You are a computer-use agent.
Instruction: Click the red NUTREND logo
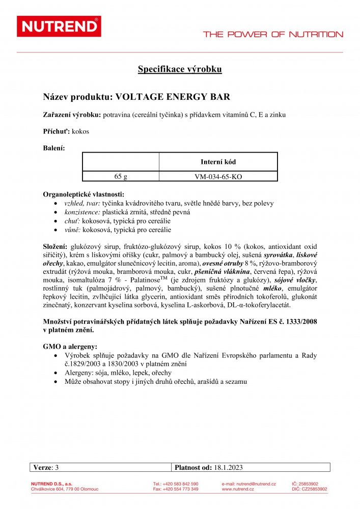pyautogui.click(x=59, y=26)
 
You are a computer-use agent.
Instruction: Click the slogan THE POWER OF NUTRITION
pyautogui.click(x=273, y=35)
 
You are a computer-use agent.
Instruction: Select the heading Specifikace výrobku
pyautogui.click(x=180, y=69)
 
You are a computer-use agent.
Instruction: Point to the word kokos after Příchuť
pyautogui.click(x=81, y=131)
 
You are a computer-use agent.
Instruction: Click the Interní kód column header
pyautogui.click(x=218, y=162)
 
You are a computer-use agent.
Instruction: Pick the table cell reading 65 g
pyautogui.click(x=121, y=177)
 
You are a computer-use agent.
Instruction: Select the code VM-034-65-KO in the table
pyautogui.click(x=218, y=177)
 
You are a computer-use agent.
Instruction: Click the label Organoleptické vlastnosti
pyautogui.click(x=84, y=194)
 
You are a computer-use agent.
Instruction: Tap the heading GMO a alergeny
pyautogui.click(x=70, y=346)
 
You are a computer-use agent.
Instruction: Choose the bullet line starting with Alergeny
pyautogui.click(x=118, y=373)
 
